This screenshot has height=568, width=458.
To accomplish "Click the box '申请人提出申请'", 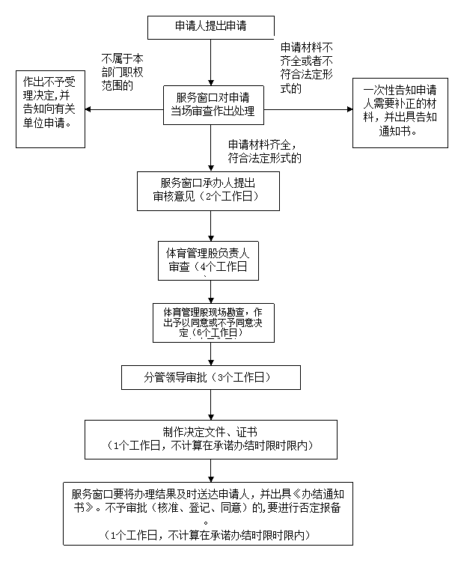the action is tap(210, 27).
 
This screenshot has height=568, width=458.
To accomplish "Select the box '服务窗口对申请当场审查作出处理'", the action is tap(213, 105).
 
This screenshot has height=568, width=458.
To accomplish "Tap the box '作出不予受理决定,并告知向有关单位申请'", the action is tap(50, 109).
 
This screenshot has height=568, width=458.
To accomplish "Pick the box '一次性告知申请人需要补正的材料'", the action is tap(400, 113).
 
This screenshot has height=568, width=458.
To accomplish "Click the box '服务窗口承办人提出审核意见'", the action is tap(208, 191).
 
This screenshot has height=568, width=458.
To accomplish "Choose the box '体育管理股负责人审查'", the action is tap(208, 261).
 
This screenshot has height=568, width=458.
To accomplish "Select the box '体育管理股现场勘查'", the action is tap(213, 323).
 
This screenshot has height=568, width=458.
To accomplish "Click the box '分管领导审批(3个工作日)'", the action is tap(211, 377).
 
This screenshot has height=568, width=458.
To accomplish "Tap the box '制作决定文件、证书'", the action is tap(211, 440).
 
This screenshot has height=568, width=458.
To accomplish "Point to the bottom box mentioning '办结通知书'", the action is tap(208, 513).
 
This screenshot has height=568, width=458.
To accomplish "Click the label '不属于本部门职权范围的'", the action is tap(123, 72).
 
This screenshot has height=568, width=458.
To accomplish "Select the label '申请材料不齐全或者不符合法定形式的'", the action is tap(307, 68).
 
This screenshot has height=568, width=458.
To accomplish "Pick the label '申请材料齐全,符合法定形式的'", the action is tap(264, 151).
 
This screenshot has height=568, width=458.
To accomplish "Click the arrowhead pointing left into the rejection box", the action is tap(88, 109).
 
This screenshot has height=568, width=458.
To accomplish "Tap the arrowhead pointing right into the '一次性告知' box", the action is tap(349, 109).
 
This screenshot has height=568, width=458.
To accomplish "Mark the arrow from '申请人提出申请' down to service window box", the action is tap(211, 62).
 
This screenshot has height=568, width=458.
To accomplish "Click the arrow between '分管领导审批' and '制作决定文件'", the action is tap(211, 405).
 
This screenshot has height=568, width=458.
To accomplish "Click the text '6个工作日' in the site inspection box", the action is tap(217, 333).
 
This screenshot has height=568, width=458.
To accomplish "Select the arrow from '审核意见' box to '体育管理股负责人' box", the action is tap(211, 226).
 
